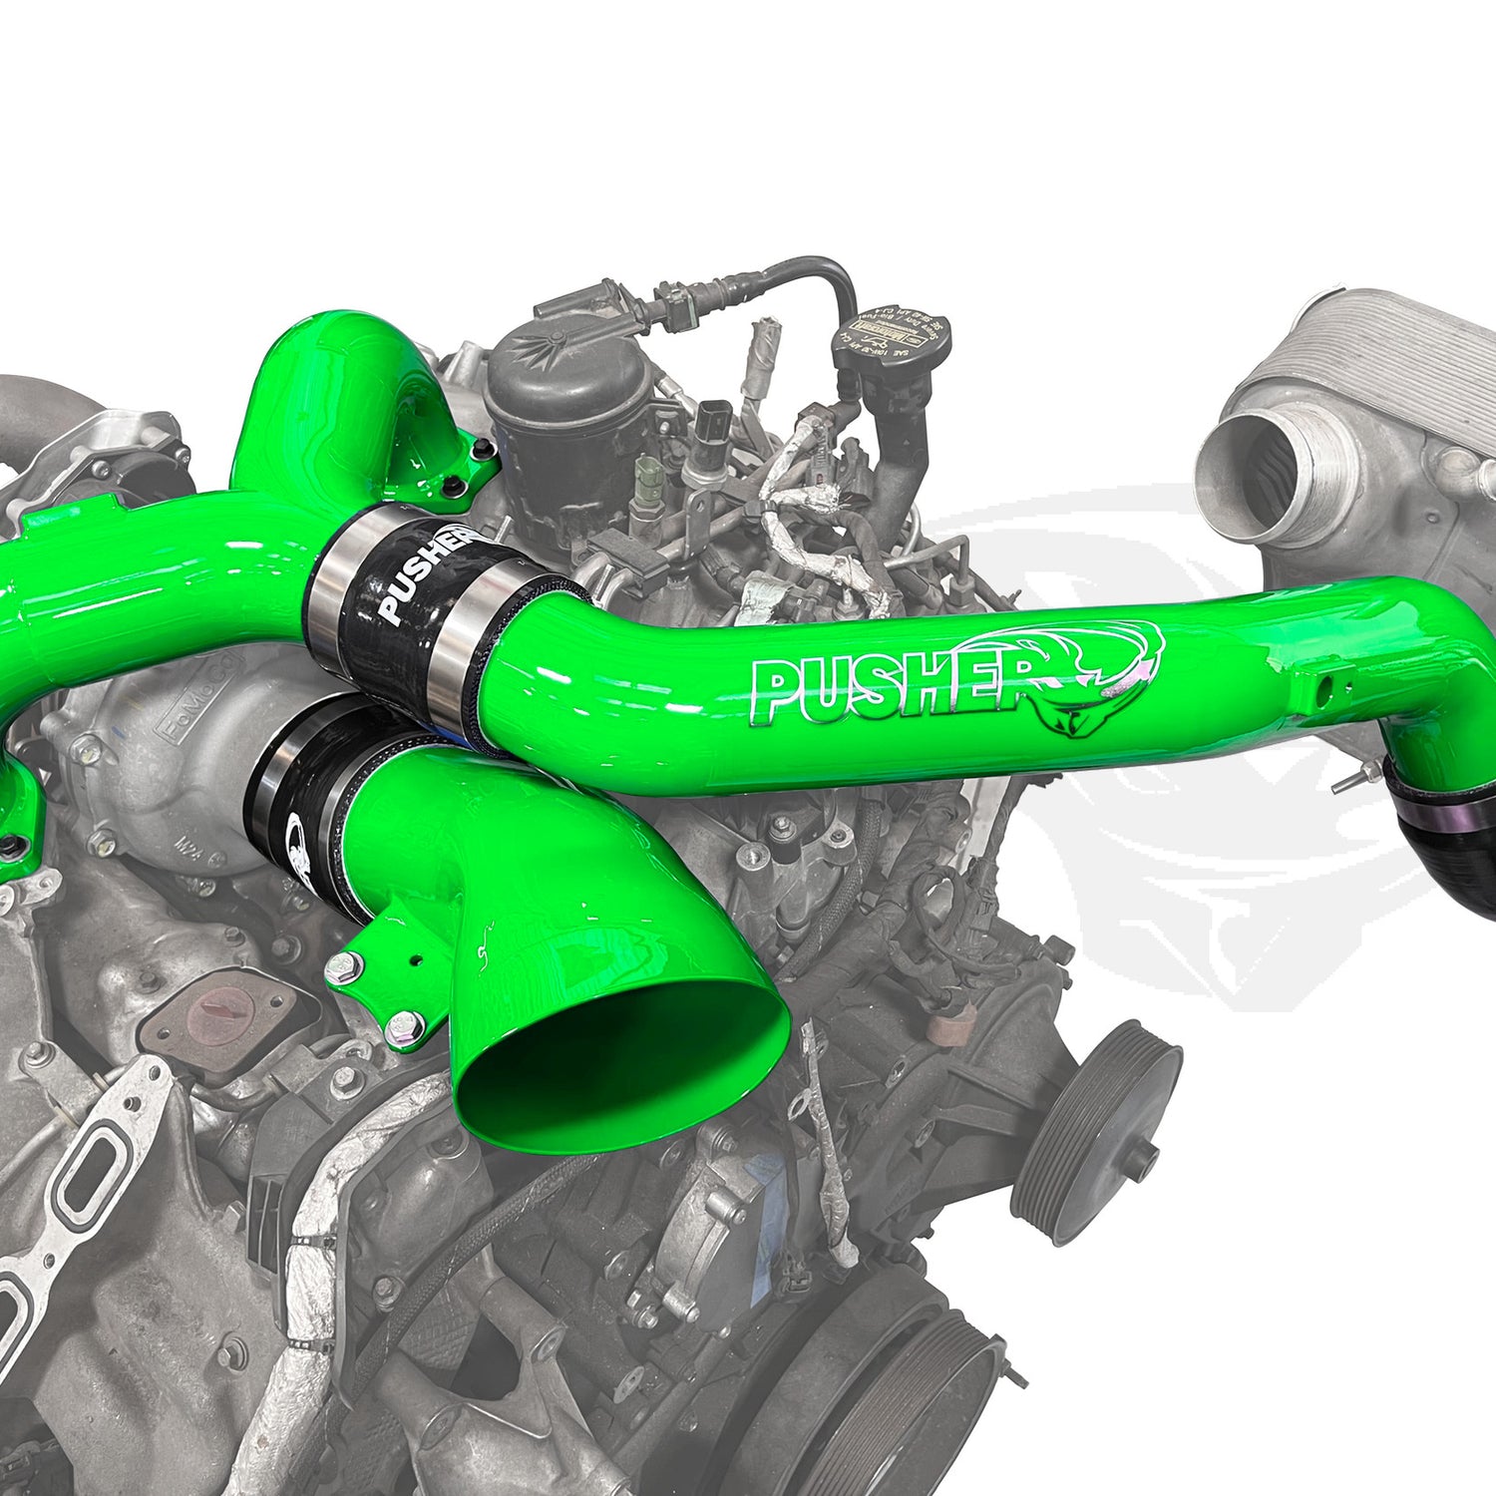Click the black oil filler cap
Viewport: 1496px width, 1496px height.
click(x=891, y=337)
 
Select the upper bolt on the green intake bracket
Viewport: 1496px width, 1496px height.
click(x=345, y=964)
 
